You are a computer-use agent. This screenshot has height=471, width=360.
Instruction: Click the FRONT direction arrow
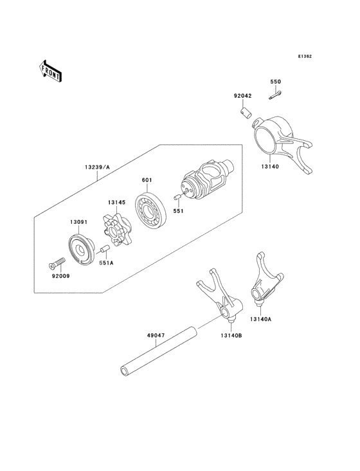pos(50,71)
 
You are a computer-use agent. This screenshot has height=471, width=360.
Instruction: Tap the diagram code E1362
pos(305,56)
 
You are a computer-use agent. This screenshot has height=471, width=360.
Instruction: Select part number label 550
pos(275,82)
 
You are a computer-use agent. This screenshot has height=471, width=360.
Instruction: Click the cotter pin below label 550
pos(274,95)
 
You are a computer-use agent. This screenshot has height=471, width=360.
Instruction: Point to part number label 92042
pos(243,96)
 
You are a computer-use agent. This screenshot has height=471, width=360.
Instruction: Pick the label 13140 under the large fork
pos(270,167)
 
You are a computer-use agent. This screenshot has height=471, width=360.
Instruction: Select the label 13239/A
pos(97,167)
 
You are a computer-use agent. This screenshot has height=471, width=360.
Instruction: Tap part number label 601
pos(147,180)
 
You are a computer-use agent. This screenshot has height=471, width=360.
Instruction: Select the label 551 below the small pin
pos(178,211)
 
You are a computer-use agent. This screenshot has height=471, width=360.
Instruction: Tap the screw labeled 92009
pos(57,263)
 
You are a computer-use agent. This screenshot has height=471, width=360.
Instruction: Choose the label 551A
pos(107,263)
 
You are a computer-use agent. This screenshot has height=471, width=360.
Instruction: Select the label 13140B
pos(231,335)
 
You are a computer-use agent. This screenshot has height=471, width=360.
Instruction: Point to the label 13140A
pos(260,319)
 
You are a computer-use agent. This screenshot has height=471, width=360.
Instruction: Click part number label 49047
pos(156,335)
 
